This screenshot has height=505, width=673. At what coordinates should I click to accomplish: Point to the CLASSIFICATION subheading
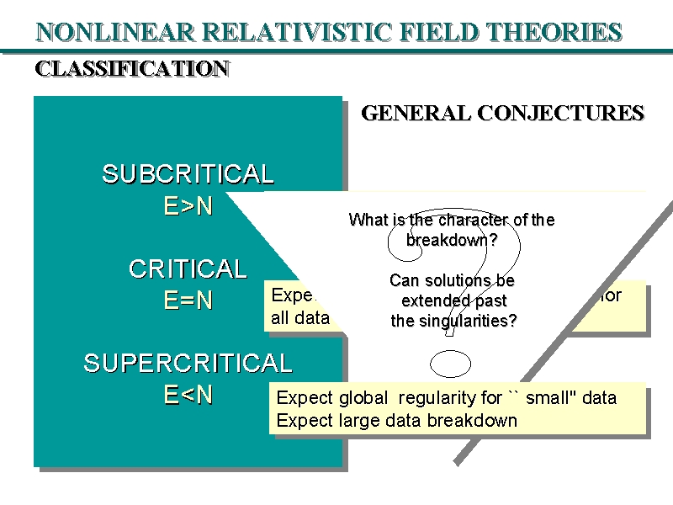(132, 69)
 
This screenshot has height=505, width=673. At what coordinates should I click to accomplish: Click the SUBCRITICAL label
(188, 174)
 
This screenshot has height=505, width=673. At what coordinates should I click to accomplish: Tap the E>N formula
(188, 206)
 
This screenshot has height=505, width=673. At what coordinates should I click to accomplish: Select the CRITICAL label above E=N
(188, 269)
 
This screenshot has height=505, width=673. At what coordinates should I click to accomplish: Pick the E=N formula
(188, 300)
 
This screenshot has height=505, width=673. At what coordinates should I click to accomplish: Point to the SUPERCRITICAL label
(188, 364)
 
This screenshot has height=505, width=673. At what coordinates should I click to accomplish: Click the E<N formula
(188, 395)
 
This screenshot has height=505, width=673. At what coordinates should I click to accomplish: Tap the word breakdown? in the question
(452, 240)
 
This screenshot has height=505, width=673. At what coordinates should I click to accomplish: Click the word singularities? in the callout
(473, 321)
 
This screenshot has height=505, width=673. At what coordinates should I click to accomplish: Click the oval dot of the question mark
(450, 364)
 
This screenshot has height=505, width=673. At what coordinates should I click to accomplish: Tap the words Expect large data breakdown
(396, 420)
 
